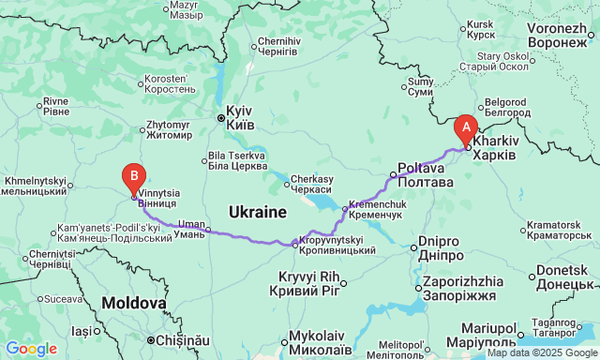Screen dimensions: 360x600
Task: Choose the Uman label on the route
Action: pyautogui.click(x=191, y=229)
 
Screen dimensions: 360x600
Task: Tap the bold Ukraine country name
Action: pyautogui.click(x=256, y=212)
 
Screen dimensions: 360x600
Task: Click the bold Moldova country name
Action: pyautogui.click(x=134, y=304)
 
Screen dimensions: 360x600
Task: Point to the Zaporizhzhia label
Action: pyautogui.click(x=466, y=286)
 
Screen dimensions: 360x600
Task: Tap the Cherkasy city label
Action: pyautogui.click(x=312, y=184)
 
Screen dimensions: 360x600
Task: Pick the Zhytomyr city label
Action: pyautogui.click(x=169, y=128)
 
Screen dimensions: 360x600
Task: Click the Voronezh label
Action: pyautogui.click(x=556, y=37)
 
